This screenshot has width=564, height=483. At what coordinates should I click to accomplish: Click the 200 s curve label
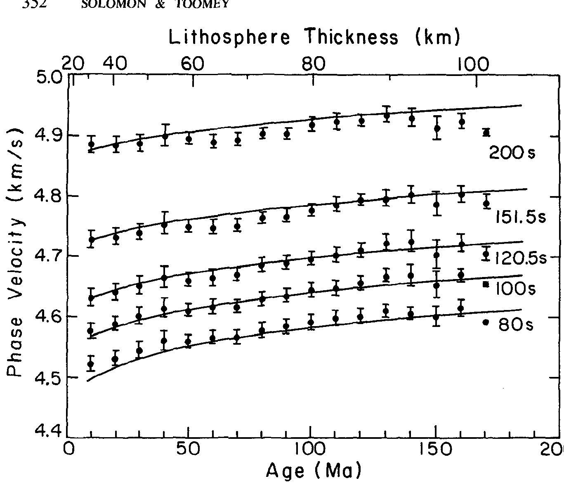coord(512,154)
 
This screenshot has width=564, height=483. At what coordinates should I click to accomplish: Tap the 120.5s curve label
coord(520,258)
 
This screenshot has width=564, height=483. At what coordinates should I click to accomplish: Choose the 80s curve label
coord(516,325)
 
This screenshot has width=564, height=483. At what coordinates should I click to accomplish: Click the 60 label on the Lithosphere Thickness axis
coord(193,64)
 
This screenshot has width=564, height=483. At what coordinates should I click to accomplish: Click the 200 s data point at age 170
coord(486,132)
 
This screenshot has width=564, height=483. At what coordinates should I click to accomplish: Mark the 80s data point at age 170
coord(486,322)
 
